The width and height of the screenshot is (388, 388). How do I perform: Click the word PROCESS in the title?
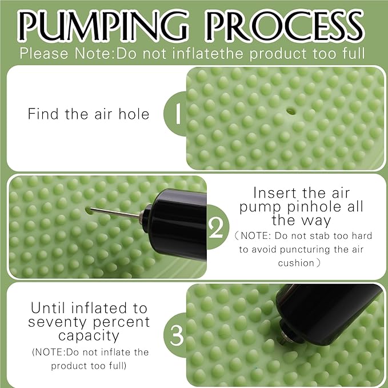click(x=285, y=25)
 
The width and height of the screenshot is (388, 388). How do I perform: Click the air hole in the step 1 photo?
click(x=291, y=111)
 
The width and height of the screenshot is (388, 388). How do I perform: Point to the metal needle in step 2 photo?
click(x=114, y=213)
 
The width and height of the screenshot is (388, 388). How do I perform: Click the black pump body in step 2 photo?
click(x=175, y=224)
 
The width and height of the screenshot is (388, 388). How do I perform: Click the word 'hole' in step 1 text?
click(x=134, y=114)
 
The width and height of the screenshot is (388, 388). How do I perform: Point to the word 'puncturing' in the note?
click(x=305, y=250)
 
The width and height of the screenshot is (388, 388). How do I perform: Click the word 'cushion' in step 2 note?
click(x=296, y=263)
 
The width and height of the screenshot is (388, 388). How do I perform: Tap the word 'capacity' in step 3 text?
click(x=89, y=337)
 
